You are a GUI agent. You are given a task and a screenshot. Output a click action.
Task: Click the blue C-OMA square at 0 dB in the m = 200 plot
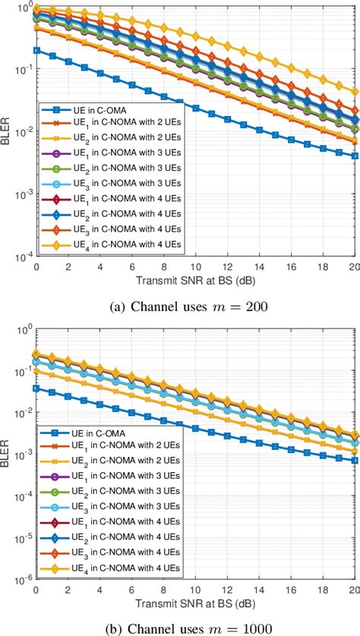[x=35, y=50]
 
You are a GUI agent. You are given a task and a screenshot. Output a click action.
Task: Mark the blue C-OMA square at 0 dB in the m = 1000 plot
[x=35, y=388]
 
